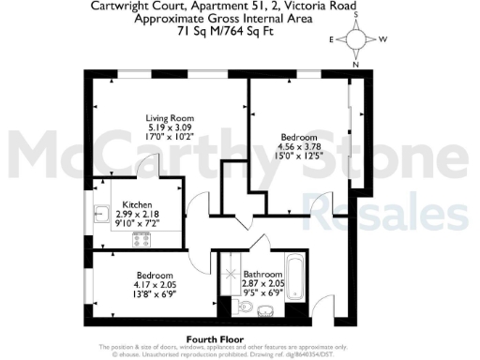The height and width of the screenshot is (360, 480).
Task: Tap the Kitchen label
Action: pos(137,204)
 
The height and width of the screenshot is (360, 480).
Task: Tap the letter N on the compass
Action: pos(356,64)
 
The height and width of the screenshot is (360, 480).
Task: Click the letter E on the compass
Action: pos(331,40)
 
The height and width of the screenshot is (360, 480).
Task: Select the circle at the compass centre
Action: pos(356,40)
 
